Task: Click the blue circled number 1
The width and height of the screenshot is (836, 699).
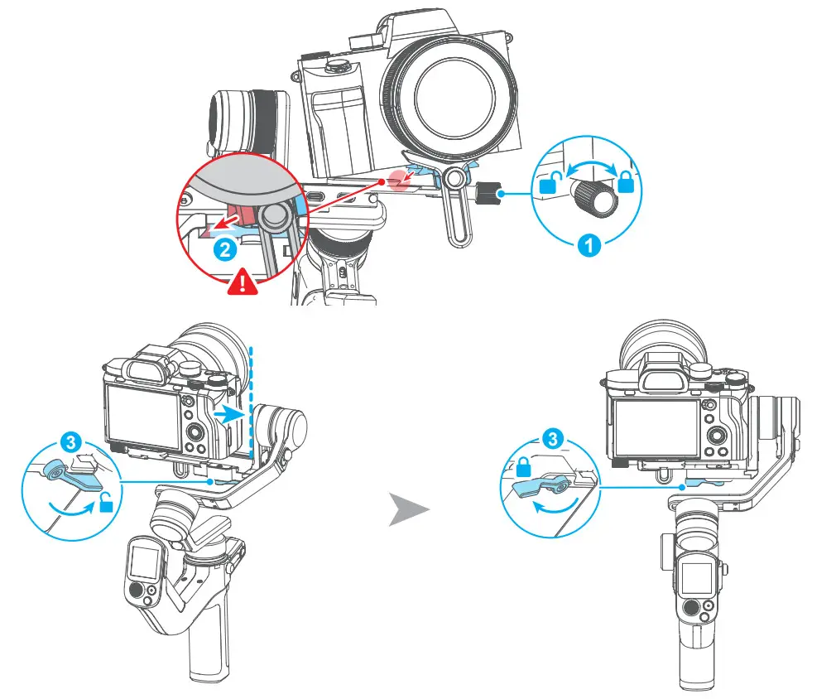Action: (x=589, y=244)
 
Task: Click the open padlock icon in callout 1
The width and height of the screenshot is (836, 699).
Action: (x=548, y=184)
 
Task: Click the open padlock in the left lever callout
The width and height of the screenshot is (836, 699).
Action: (x=106, y=504)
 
